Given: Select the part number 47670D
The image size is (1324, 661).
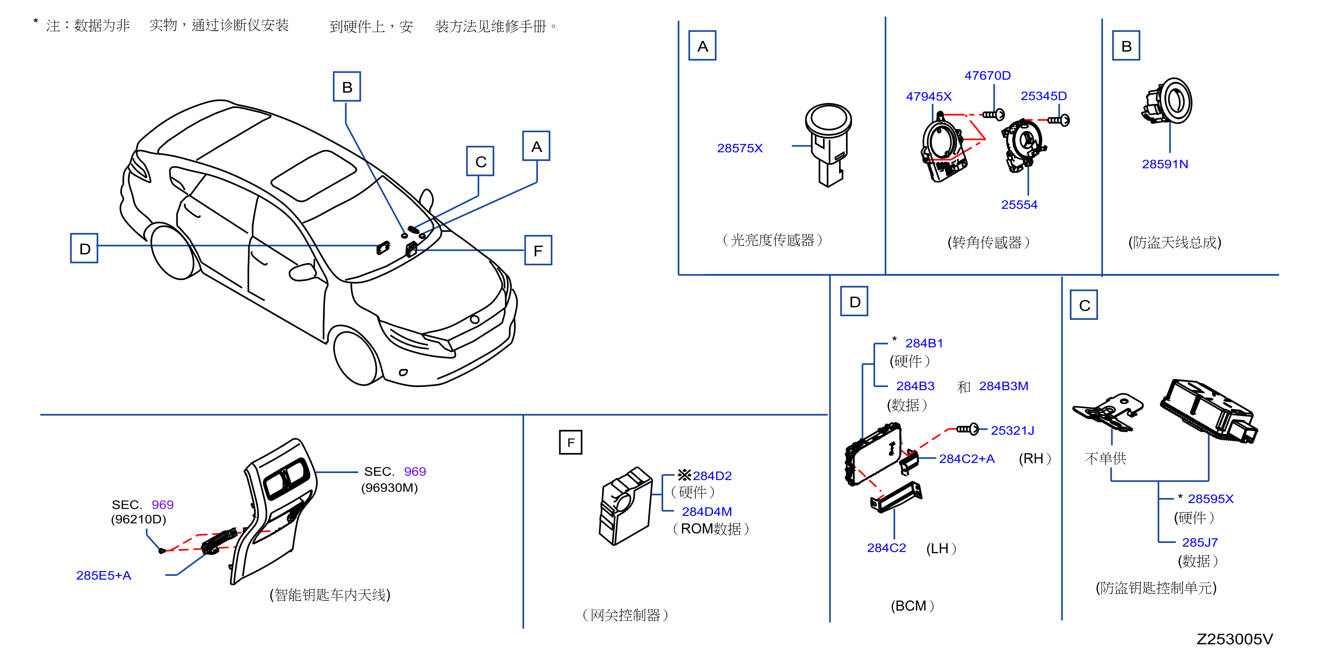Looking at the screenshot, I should point(987,76).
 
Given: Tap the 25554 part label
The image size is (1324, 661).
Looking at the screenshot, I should point(1019,205).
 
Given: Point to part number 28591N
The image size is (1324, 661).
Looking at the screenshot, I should point(1164,164).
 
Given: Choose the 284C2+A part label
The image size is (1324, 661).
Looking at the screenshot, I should point(966,459).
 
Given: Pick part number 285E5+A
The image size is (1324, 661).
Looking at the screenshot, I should point(103,575).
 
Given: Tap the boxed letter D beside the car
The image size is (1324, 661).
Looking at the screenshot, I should point(84,249).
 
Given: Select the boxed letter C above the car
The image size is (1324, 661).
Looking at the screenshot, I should point(480,162).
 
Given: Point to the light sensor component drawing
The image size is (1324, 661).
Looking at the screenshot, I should point(828,144).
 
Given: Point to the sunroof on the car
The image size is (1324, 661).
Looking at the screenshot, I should point(314,175).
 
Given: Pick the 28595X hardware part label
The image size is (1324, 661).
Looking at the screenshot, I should point(1210,498).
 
